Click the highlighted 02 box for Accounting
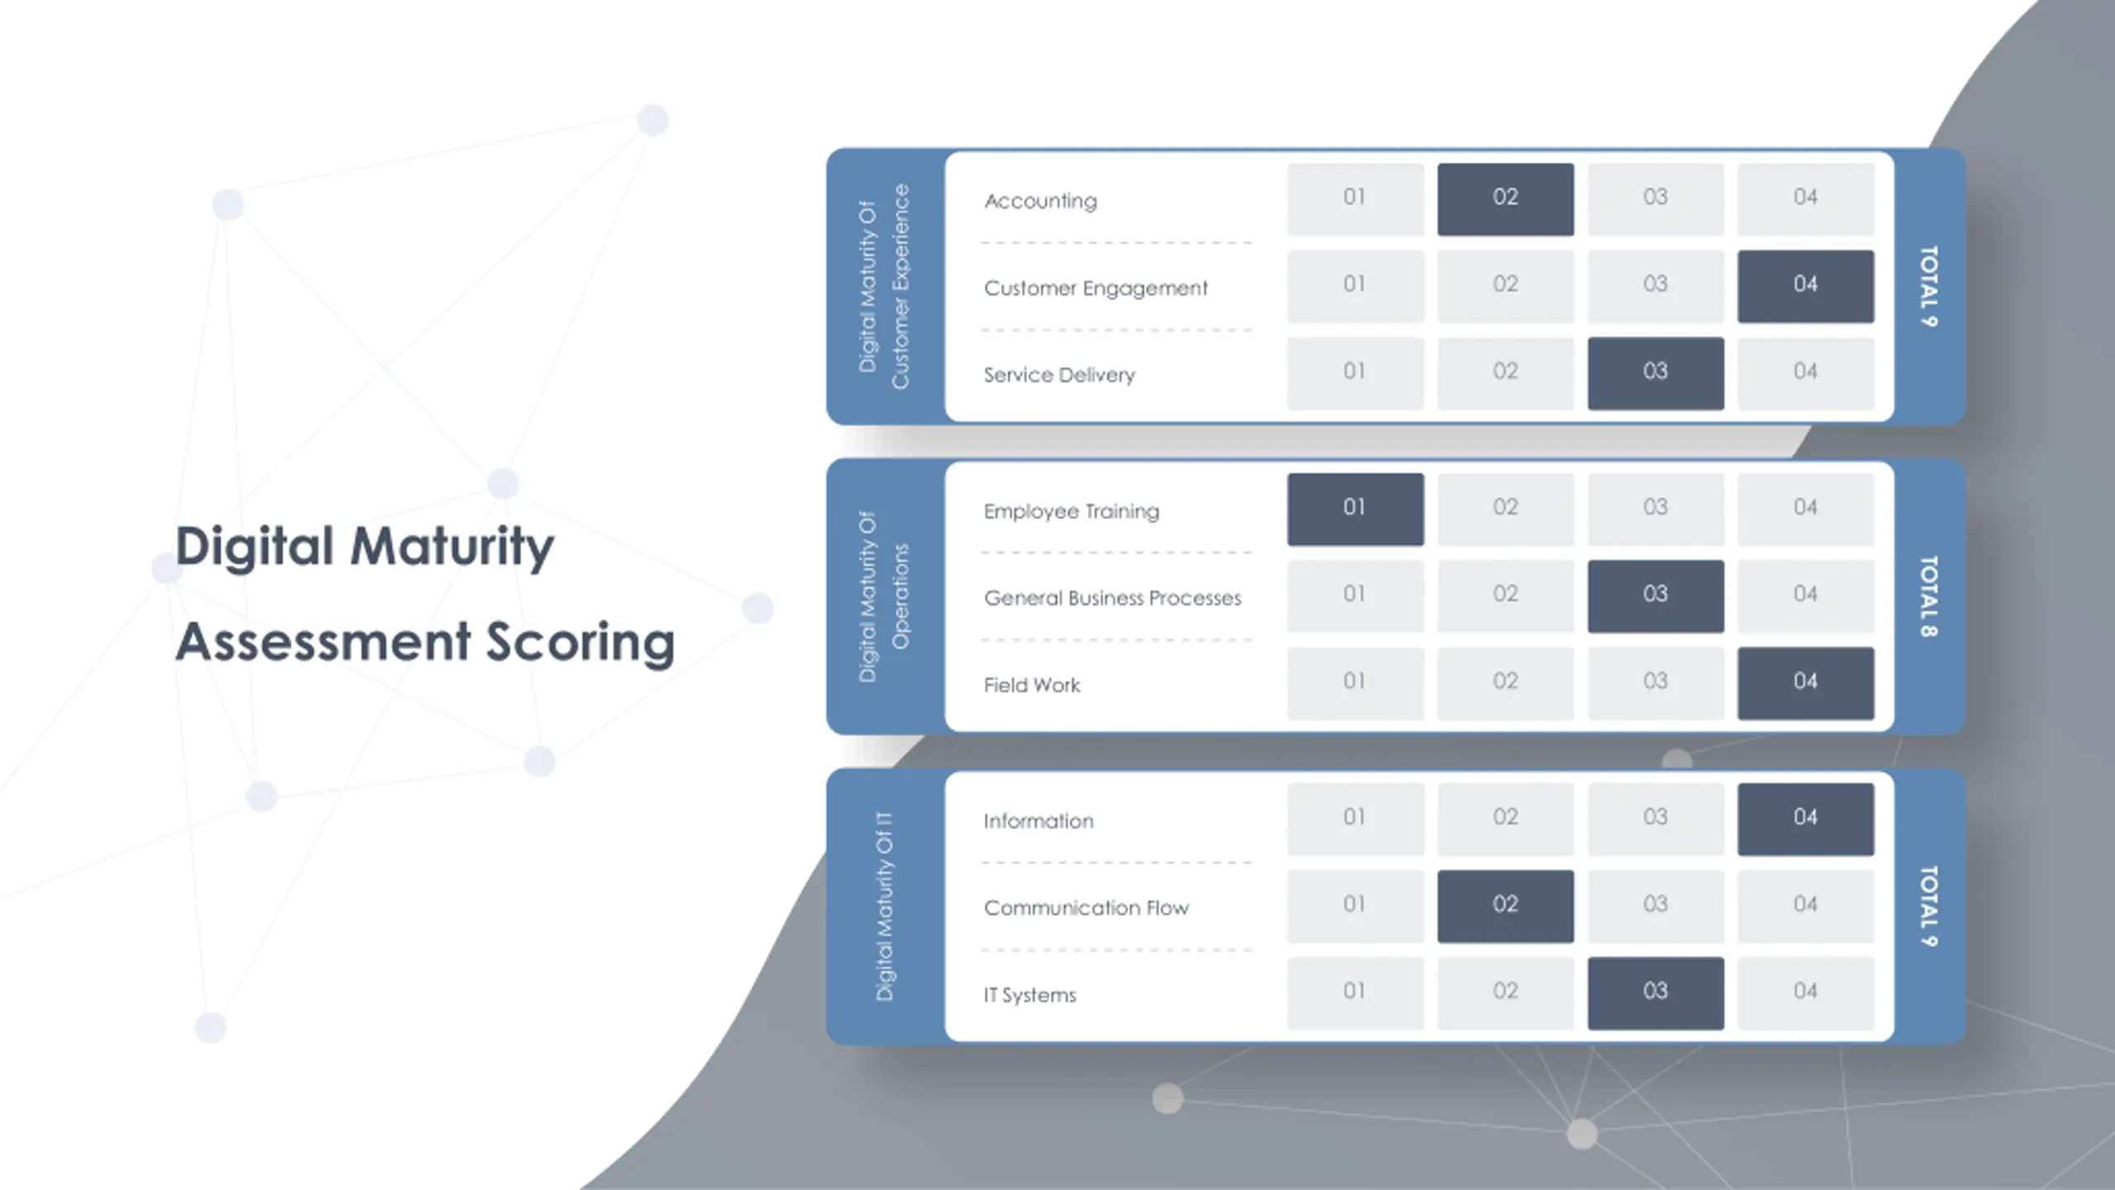point(1505,198)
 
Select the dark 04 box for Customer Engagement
point(1805,286)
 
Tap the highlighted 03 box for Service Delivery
point(1655,373)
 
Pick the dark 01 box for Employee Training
point(1355,509)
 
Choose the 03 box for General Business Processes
point(1655,596)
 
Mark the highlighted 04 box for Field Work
point(1805,683)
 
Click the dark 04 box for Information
point(1805,819)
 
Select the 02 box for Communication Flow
point(1505,906)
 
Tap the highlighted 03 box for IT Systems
point(1655,992)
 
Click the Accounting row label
point(1040,201)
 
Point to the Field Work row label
point(1031,685)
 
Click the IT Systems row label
point(1029,995)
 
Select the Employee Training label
point(1071,512)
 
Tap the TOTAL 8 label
point(1928,596)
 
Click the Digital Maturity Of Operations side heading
point(883,596)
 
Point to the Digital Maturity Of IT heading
point(884,906)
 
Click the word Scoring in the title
point(580,642)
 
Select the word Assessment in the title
point(324,642)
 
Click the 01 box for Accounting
point(1355,198)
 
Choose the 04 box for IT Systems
point(1805,992)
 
